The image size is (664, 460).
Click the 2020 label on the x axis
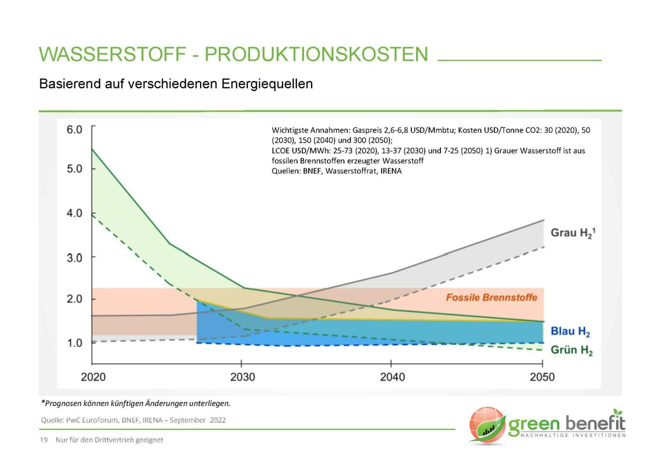click(x=93, y=376)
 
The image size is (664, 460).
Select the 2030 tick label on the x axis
click(x=242, y=376)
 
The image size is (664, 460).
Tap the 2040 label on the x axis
click(x=392, y=376)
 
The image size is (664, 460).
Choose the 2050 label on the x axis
click(x=542, y=376)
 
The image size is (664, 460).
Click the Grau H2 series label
click(x=573, y=233)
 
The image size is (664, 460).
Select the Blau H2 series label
click(x=570, y=332)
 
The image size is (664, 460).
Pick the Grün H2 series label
click(x=571, y=350)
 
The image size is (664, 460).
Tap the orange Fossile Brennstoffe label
click(x=491, y=297)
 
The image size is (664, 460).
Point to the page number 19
click(x=44, y=440)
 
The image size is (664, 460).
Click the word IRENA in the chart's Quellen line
click(x=390, y=171)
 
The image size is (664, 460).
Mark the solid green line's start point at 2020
click(x=92, y=149)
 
